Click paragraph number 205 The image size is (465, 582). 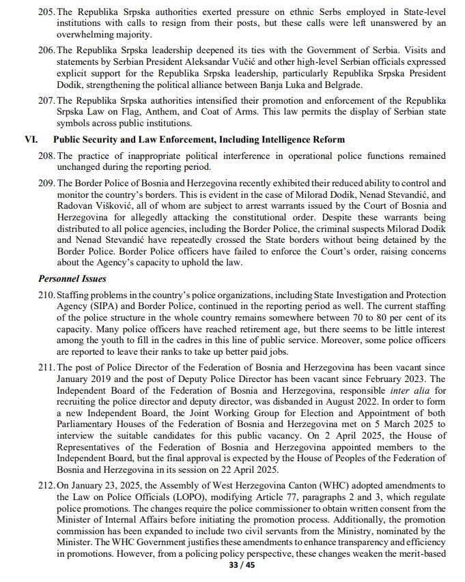point(47,12)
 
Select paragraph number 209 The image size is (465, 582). point(47,183)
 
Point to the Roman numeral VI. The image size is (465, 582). point(31,139)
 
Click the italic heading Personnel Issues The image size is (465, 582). point(72,278)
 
